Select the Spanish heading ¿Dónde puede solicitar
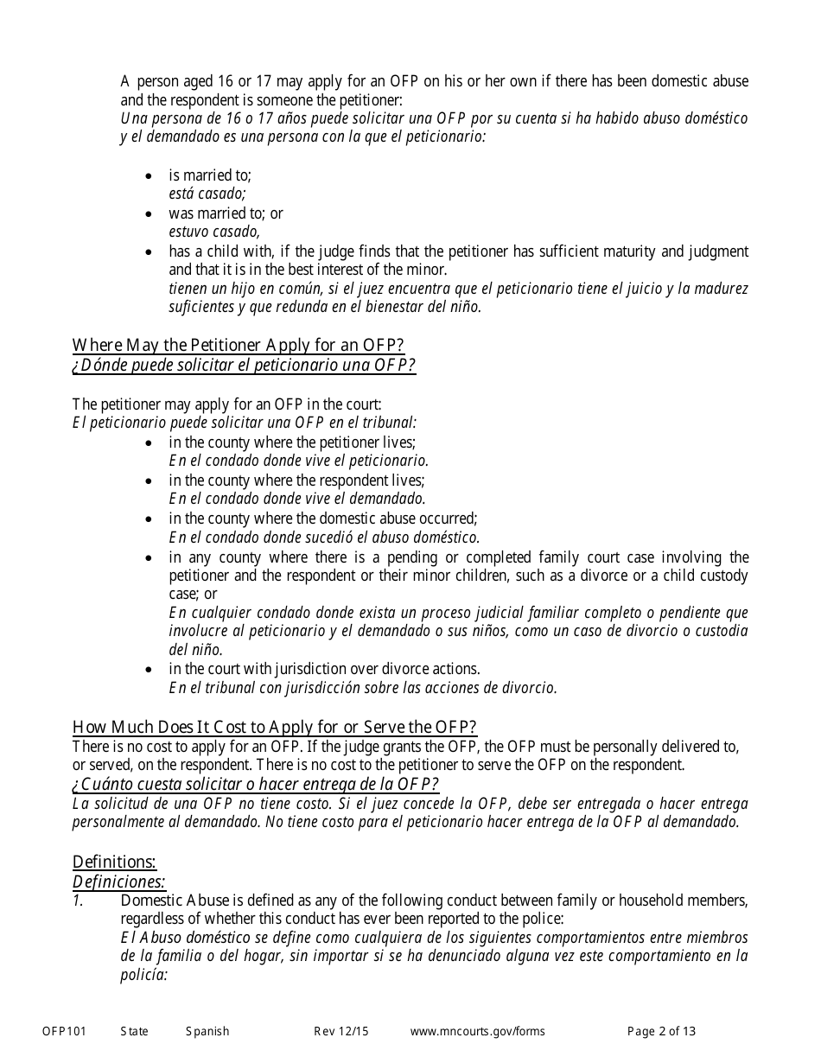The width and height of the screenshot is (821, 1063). tap(244, 366)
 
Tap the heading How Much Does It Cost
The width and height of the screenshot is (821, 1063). tap(274, 727)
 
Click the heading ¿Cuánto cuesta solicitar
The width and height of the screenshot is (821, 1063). tap(255, 784)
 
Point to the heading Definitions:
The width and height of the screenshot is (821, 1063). tap(114, 862)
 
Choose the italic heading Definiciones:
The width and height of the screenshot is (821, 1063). tap(118, 882)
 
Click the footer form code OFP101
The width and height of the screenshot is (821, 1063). tap(64, 1031)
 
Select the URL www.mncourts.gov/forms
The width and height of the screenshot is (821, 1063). tap(477, 1031)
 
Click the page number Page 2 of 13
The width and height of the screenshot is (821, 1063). tap(661, 1031)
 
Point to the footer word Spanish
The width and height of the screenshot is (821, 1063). tap(207, 1031)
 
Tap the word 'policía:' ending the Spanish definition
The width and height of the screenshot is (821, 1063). tap(143, 975)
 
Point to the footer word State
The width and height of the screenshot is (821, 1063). tap(134, 1031)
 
